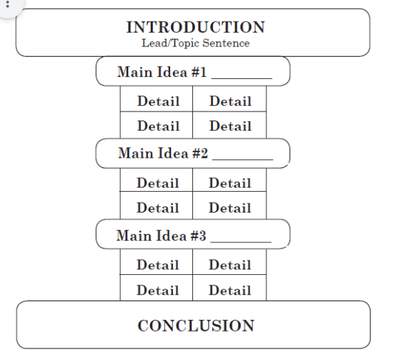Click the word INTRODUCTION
[195, 28]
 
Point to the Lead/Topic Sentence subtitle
[195, 43]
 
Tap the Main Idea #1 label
[163, 72]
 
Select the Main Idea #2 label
[163, 154]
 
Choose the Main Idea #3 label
[162, 235]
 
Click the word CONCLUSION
[196, 325]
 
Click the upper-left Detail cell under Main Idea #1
[158, 101]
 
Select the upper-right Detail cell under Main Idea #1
[230, 101]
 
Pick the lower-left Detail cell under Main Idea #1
[158, 126]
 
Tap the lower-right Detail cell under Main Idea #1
[230, 126]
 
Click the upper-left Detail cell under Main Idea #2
[158, 183]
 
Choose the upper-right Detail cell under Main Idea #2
[230, 183]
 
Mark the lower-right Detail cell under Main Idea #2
[230, 208]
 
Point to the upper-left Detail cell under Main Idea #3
[158, 264]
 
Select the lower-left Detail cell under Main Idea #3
[158, 290]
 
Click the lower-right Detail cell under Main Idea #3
[230, 290]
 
